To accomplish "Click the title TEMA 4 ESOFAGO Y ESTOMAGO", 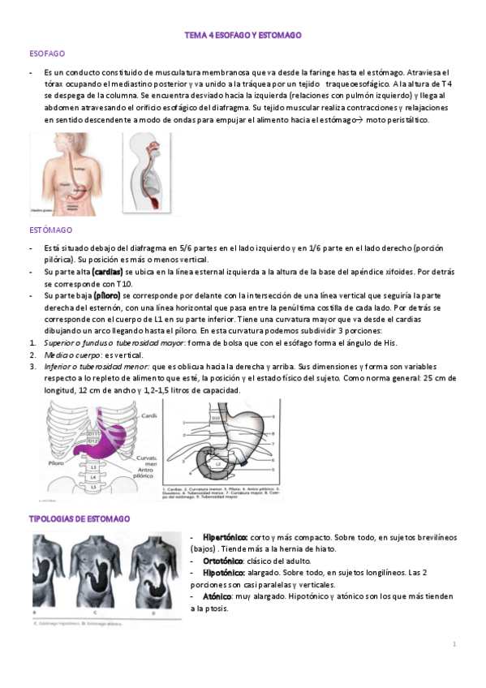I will point(243,37).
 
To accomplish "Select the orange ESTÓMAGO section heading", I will point(50,231).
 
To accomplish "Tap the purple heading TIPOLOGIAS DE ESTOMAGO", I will point(80,518).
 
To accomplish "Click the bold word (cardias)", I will point(108,272).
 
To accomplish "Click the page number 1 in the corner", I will point(455,644).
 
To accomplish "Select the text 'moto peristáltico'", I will point(400,120).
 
